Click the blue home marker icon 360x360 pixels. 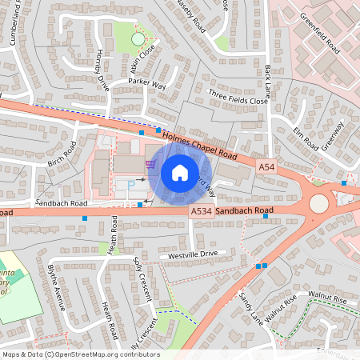[x=180, y=173]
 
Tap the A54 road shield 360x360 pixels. [x=267, y=166]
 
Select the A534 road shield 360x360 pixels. [x=201, y=210]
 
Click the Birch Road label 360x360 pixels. [x=61, y=154]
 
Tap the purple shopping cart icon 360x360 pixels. [x=150, y=164]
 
